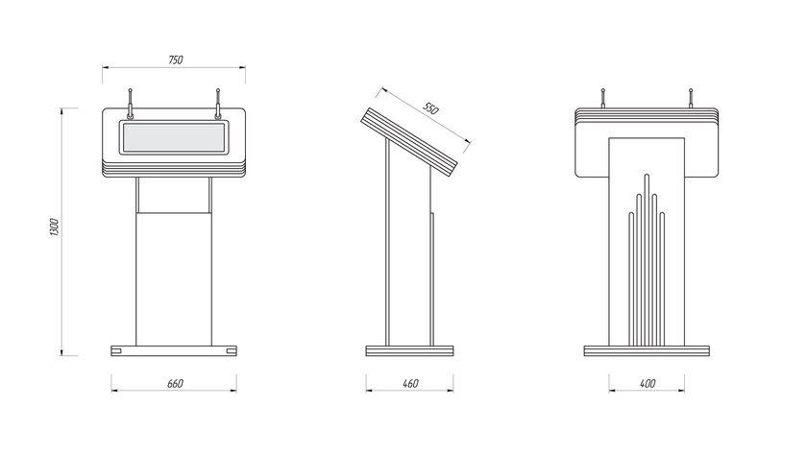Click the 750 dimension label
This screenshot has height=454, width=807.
(x=176, y=60)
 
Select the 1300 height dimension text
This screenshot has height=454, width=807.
(x=55, y=227)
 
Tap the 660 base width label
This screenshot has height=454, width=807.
(x=175, y=384)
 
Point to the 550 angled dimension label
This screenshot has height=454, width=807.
(x=430, y=108)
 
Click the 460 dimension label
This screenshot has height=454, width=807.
(x=410, y=384)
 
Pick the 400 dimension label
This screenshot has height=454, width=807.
(x=648, y=384)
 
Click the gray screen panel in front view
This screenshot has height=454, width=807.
(x=174, y=137)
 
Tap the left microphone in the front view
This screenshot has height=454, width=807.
(x=131, y=104)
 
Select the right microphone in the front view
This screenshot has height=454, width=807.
(x=218, y=104)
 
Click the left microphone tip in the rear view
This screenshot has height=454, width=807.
(x=602, y=90)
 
